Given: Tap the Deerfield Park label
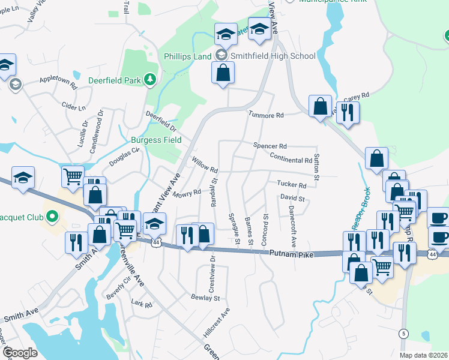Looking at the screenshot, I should click(x=114, y=79).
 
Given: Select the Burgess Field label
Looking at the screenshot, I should click(x=156, y=141).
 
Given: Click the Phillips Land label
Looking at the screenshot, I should click(x=188, y=56).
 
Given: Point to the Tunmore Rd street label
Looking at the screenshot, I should click(x=266, y=115).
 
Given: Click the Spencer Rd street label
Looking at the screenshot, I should click(x=270, y=146).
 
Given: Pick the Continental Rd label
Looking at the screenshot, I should click(x=291, y=160).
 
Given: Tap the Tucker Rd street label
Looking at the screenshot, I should click(x=292, y=185).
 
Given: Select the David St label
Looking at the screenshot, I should click(x=292, y=198).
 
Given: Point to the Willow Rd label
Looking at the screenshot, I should click(x=204, y=163).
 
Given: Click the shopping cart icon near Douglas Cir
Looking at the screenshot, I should click(x=72, y=176).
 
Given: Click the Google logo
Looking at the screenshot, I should click(x=20, y=353).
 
